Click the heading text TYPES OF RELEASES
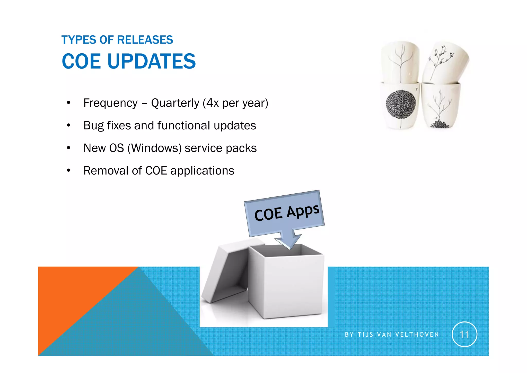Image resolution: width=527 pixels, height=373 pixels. (x=117, y=40)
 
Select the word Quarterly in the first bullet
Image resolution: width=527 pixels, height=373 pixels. (x=175, y=103)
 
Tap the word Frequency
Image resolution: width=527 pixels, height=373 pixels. (x=110, y=103)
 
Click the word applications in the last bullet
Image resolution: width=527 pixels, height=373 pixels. (x=202, y=171)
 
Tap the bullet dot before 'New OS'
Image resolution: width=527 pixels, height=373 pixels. (x=68, y=148)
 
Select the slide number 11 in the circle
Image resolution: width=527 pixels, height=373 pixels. (x=464, y=335)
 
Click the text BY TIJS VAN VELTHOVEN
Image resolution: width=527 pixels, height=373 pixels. (x=392, y=335)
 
